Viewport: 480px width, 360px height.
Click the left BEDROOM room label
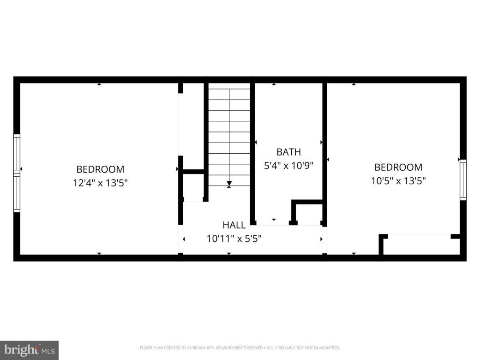coord(100,169)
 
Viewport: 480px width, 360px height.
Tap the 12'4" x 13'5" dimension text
coord(100,183)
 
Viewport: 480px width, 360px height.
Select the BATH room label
coord(288,152)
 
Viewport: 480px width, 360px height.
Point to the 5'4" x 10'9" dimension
coord(288,165)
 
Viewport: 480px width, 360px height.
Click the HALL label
coord(234,225)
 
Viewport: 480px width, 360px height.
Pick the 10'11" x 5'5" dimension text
coord(234,239)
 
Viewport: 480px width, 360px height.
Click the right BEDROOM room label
coord(398,167)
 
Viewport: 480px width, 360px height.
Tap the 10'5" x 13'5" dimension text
coord(398,181)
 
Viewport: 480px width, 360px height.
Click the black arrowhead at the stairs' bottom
coord(229,184)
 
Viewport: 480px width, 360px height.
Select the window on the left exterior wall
coord(17,173)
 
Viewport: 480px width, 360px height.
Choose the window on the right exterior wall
coord(463,180)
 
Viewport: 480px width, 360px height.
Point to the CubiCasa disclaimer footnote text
coord(240,348)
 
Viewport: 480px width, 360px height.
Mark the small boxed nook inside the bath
coord(308,213)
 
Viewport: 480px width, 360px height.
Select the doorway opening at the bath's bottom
coord(273,225)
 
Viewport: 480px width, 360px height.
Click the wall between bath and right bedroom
coord(324,152)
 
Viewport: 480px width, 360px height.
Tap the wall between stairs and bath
coord(252,152)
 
